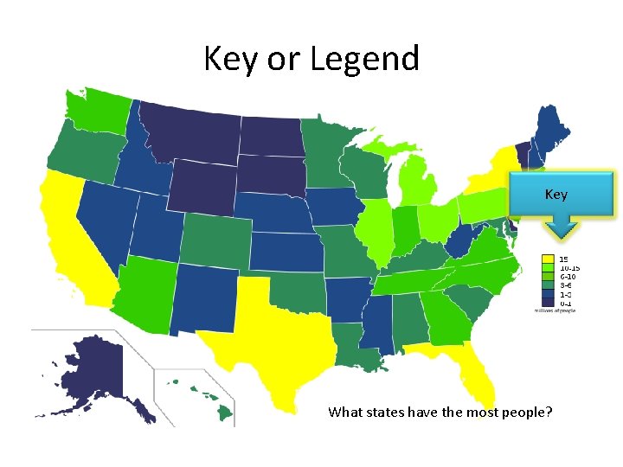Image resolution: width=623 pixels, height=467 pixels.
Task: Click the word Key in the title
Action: click(x=227, y=59)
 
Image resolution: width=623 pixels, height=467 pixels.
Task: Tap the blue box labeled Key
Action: click(x=562, y=194)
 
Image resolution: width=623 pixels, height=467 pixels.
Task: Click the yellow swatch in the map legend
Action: click(x=548, y=259)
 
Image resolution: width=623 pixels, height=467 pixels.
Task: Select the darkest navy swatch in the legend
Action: click(x=548, y=303)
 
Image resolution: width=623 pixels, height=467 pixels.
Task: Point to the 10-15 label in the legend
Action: click(x=568, y=267)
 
